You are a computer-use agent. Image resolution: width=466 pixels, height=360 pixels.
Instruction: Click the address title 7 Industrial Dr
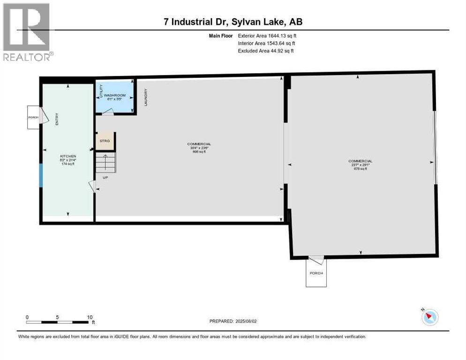(232, 22)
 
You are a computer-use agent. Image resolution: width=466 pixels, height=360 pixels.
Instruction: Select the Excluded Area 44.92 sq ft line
(266, 51)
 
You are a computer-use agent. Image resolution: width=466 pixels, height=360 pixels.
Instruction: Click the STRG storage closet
(105, 141)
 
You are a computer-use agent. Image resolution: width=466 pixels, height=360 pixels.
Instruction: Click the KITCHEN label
(68, 156)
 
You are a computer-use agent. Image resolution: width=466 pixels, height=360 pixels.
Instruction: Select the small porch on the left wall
(34, 117)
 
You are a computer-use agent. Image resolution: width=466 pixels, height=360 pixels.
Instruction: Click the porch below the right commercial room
(316, 273)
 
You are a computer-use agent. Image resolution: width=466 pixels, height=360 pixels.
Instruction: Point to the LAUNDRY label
(146, 97)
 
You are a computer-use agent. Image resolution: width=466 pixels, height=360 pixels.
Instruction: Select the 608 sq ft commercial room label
(199, 148)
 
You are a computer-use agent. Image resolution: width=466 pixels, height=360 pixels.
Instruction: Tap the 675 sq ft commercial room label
(361, 165)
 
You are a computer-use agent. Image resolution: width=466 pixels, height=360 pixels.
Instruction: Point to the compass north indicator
(429, 317)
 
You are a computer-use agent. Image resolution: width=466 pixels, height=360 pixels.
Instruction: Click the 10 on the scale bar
(90, 317)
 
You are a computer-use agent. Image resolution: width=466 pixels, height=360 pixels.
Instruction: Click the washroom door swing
(108, 112)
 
